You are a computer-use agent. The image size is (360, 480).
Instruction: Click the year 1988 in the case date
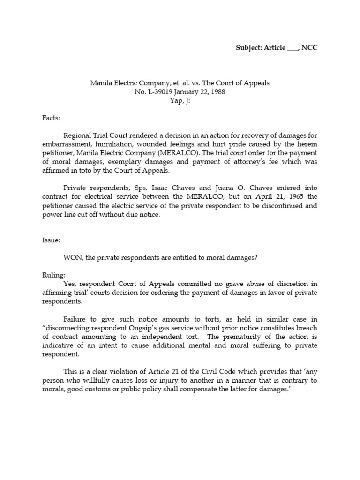pyautogui.click(x=217, y=92)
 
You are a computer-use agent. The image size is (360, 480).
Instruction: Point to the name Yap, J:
pyautogui.click(x=180, y=101)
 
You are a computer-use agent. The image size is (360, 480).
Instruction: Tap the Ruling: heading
pyautogui.click(x=53, y=275)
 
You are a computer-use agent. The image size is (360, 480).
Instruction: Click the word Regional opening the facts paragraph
pyautogui.click(x=78, y=135)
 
